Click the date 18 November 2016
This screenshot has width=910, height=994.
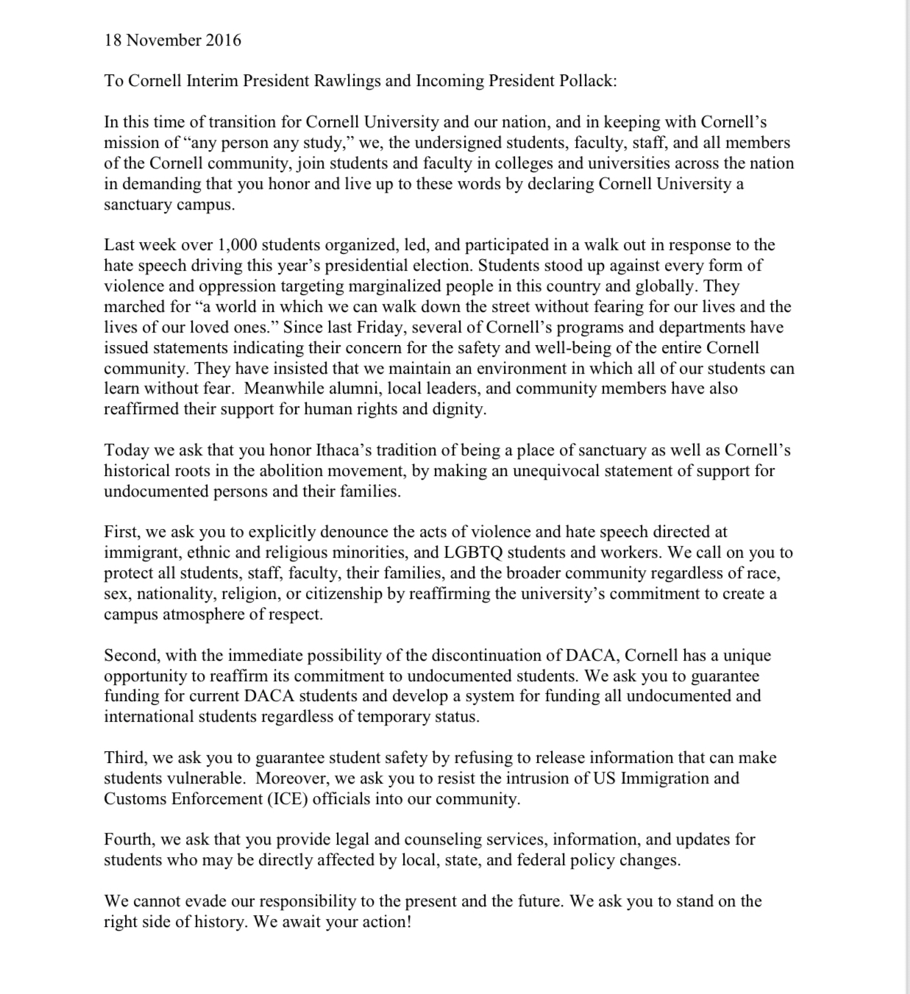click(x=173, y=40)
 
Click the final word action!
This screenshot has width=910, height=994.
click(x=385, y=922)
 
